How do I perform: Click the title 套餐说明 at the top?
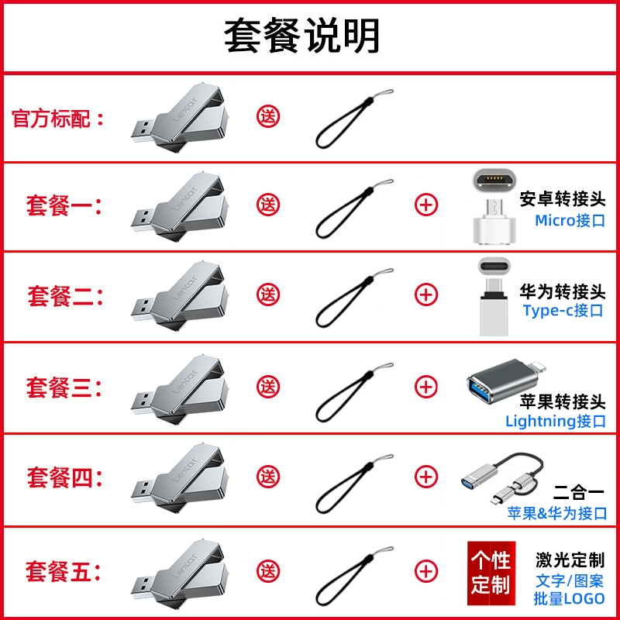pos(302,36)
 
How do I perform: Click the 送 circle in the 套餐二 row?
pos(268,294)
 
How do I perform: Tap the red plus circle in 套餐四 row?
pos(425,477)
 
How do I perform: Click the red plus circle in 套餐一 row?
pos(425,205)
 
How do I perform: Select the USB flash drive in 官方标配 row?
pos(181,118)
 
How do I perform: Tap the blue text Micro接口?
pos(570,220)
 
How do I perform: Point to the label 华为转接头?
pos(563,292)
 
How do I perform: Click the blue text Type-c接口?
pos(563,311)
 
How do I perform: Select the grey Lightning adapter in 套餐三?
pos(506,381)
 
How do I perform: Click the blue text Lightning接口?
pos(556,421)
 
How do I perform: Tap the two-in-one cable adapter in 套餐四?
pos(502,478)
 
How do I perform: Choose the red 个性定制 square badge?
pos(491,573)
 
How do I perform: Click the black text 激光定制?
pos(570,560)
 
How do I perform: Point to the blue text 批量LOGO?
pos(569,598)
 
